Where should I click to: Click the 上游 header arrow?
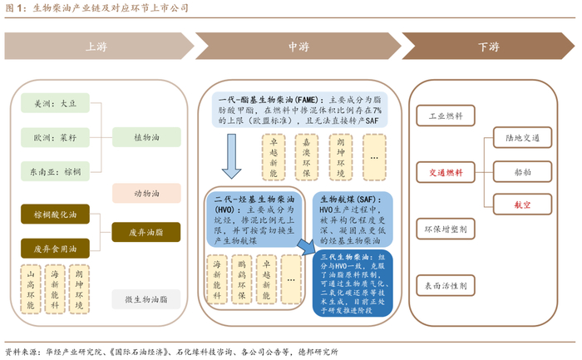(96, 47)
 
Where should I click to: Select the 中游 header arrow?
(295, 47)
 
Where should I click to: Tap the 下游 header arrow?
(488, 47)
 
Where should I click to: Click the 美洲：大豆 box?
(55, 106)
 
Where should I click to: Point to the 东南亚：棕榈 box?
(55, 171)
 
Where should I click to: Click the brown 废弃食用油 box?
(55, 248)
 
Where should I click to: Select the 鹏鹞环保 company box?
(242, 279)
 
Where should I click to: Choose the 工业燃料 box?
(445, 116)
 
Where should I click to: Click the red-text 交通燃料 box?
(445, 173)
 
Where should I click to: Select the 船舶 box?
(515, 173)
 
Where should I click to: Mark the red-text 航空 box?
(515, 203)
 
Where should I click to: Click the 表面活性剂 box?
(445, 285)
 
